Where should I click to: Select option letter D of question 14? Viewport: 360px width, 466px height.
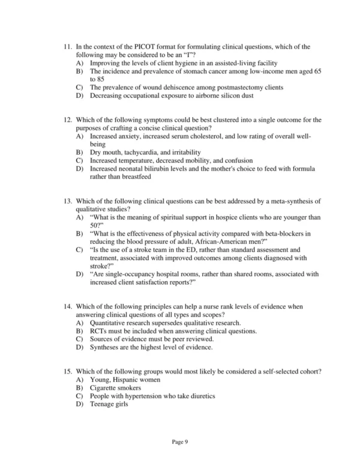79,347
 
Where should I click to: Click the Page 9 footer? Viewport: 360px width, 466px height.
180,442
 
